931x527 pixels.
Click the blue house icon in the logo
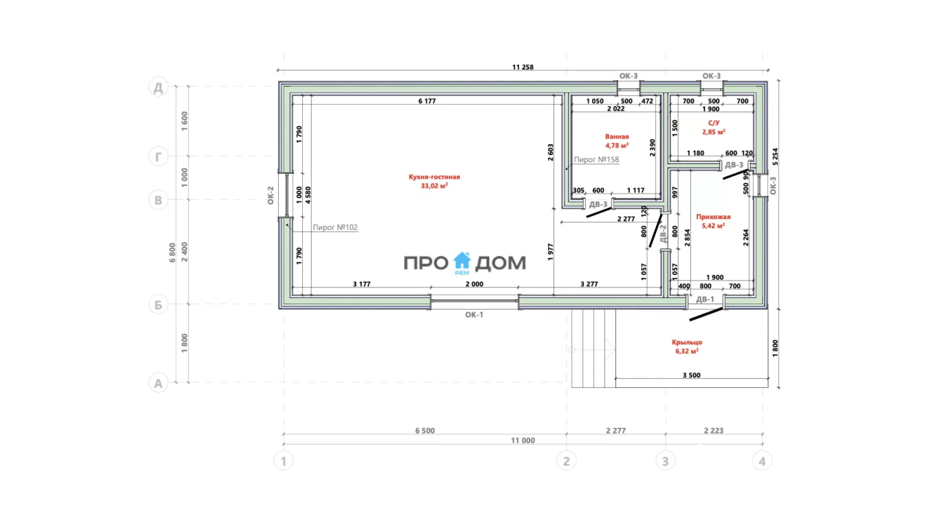point(462,262)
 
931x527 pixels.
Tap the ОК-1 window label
point(474,315)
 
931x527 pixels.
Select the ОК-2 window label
point(271,196)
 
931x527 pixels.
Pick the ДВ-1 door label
point(704,299)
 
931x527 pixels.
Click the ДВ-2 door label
point(663,233)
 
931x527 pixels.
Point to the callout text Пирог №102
point(335,228)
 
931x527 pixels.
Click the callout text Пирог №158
point(596,160)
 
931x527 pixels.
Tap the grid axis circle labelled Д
point(158,87)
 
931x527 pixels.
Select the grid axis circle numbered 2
point(566,461)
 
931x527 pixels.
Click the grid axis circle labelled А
point(158,383)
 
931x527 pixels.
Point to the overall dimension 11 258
point(523,67)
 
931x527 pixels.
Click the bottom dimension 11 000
point(523,441)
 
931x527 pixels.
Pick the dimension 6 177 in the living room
point(427,101)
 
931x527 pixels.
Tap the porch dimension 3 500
point(691,376)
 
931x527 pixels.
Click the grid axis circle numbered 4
point(762,461)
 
